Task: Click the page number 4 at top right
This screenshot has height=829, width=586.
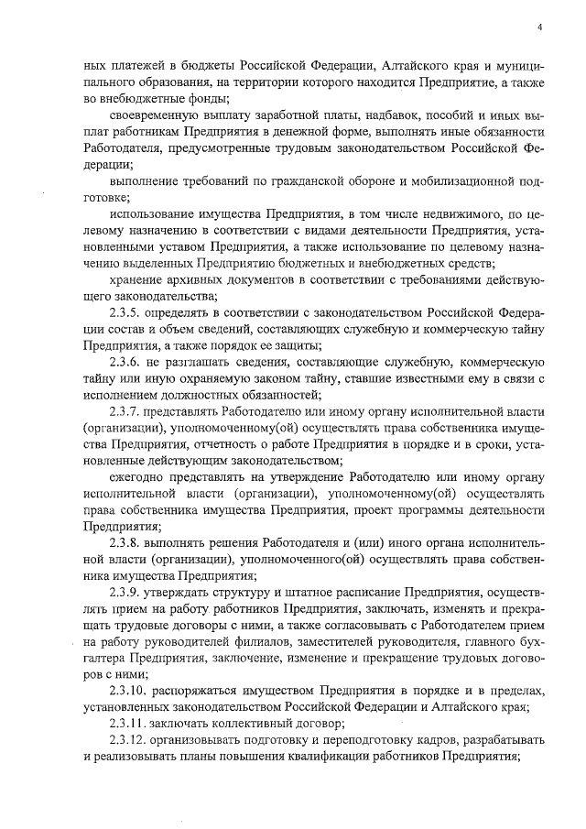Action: tap(540, 27)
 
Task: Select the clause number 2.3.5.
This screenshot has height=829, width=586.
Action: tap(125, 312)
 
